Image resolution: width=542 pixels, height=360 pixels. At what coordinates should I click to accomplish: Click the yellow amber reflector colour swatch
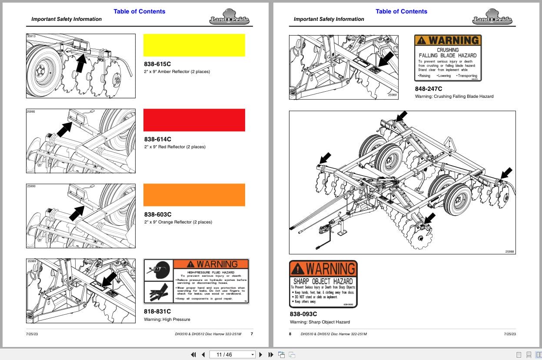coord(194,45)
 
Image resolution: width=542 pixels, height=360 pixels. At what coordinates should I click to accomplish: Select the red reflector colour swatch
coord(194,120)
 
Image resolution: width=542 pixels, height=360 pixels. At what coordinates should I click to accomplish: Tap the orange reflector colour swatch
coord(194,195)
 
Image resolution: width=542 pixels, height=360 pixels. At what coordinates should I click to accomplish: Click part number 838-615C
coord(157,64)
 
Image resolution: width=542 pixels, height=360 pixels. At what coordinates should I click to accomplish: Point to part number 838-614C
coord(157,139)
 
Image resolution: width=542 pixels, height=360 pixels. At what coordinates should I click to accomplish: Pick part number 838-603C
coord(157,214)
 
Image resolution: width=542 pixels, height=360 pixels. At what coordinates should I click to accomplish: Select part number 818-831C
coord(157,311)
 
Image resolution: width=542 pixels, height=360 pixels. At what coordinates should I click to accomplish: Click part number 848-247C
coord(429,89)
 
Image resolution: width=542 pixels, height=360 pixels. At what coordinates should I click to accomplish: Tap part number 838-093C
coord(303,314)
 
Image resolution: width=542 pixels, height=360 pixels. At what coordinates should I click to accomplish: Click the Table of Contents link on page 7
coord(140,11)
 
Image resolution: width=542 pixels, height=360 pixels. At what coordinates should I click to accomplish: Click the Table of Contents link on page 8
coord(401,11)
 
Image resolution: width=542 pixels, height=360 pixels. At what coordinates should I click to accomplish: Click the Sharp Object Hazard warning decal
coord(323,284)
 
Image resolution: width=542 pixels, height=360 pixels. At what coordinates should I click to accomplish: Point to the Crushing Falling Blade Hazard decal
coord(448,58)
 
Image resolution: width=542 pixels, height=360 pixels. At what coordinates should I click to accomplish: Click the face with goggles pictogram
coord(158,270)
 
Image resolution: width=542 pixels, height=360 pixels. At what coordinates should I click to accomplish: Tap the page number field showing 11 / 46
coord(232,355)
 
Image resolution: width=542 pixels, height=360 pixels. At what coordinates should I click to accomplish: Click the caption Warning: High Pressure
coord(167,320)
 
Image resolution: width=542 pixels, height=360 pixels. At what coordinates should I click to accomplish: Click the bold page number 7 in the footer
coord(252,334)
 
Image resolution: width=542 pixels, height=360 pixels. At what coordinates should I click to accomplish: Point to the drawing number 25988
coord(509,251)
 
